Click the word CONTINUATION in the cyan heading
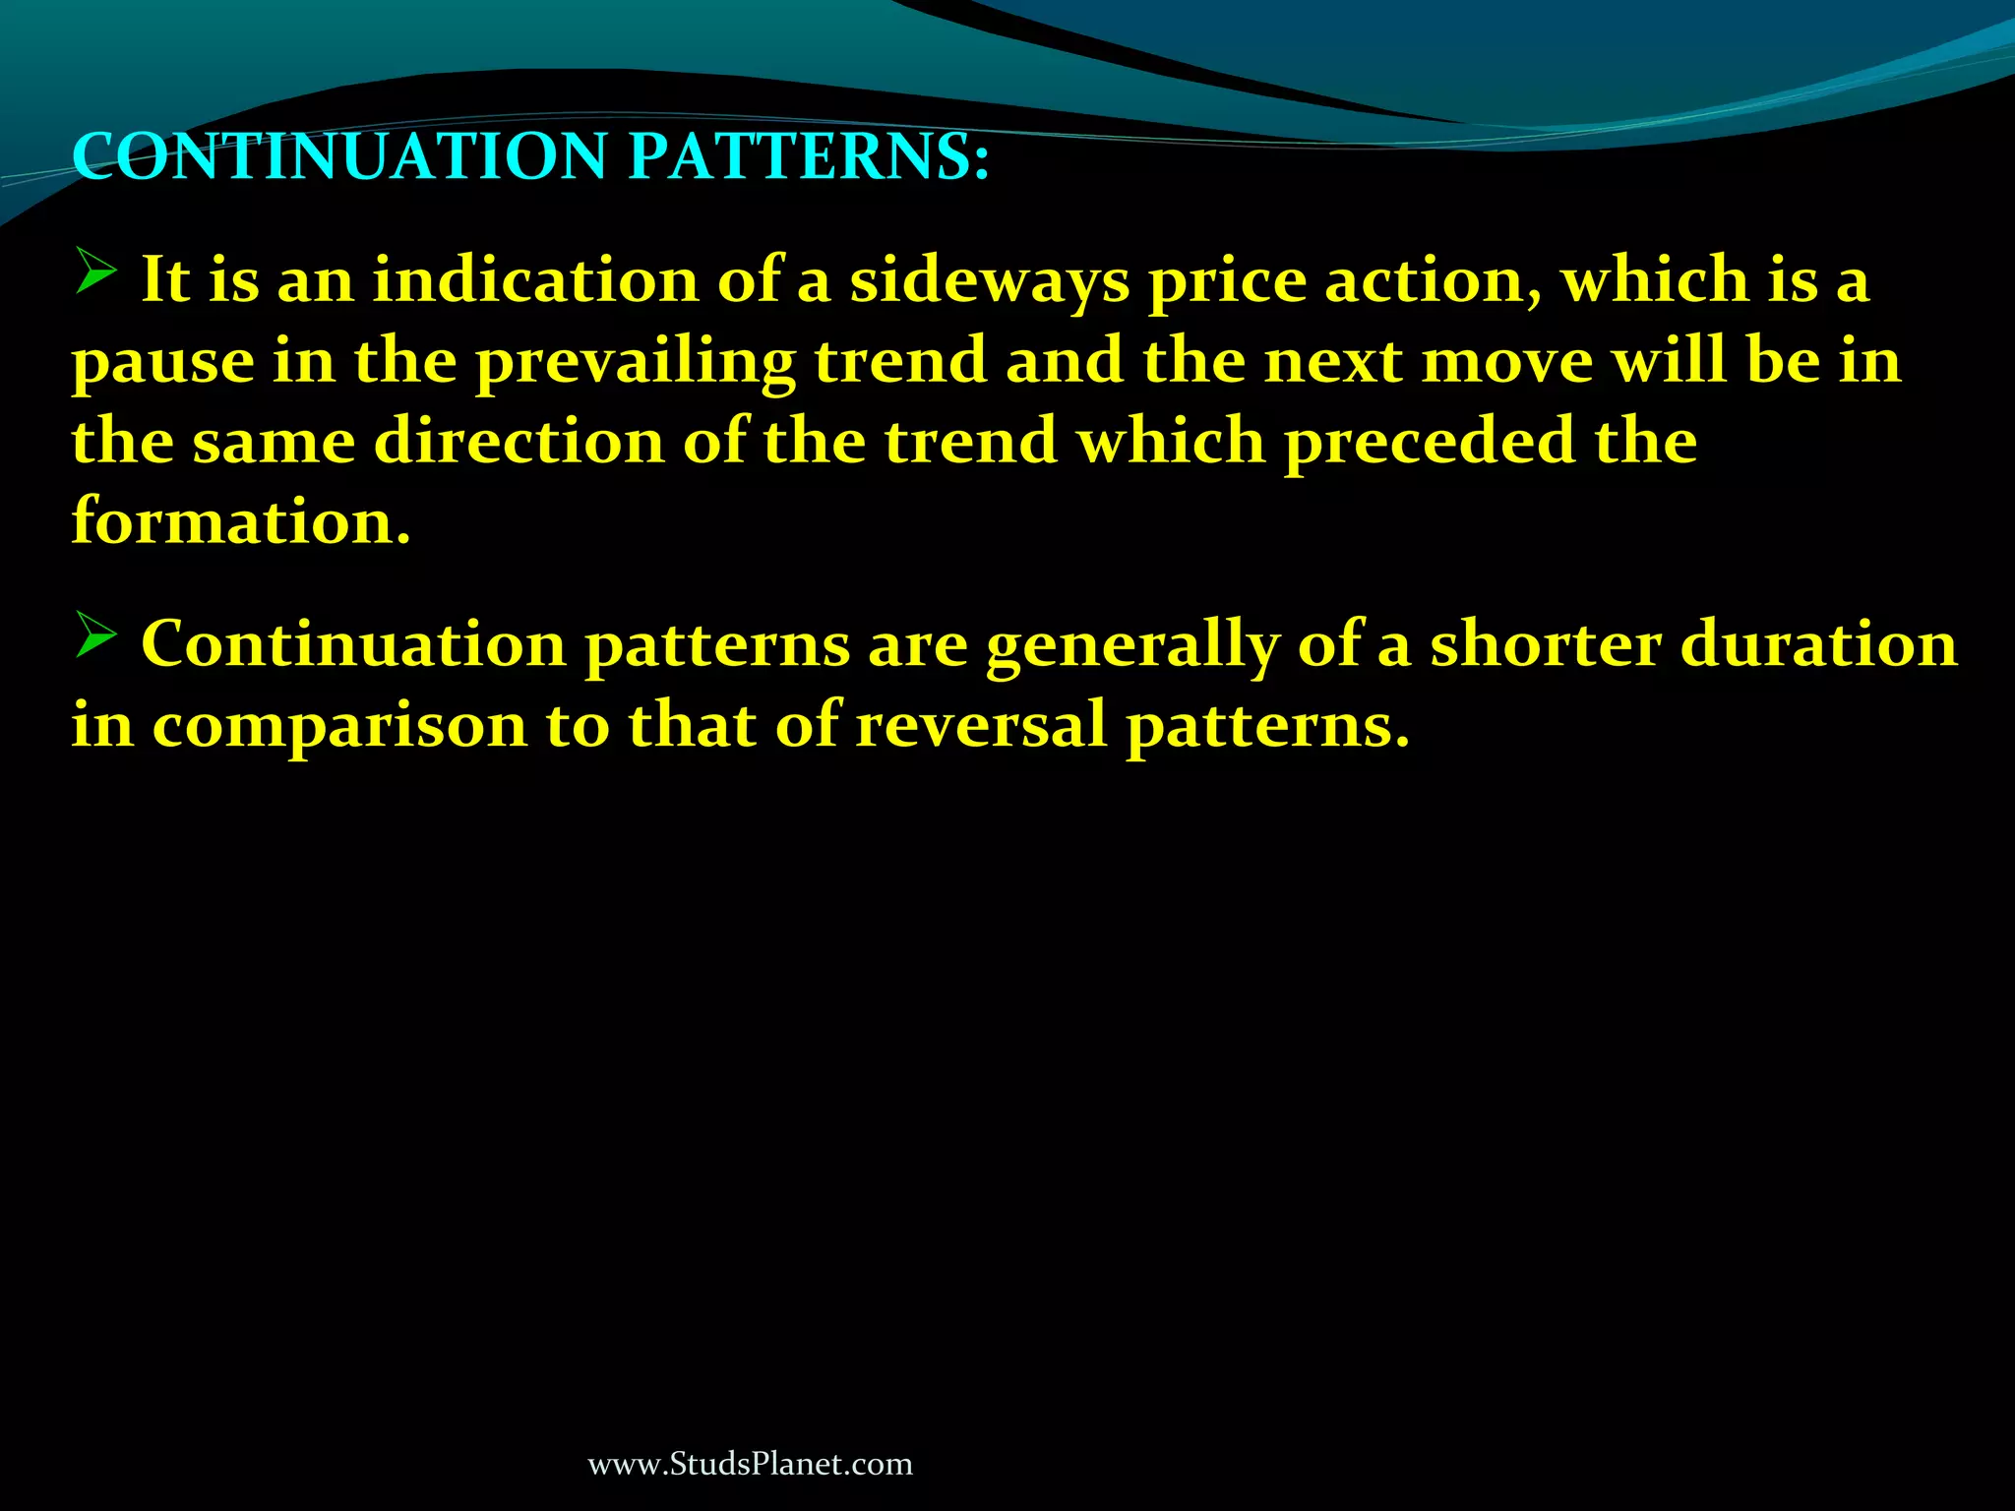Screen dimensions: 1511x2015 [x=339, y=157]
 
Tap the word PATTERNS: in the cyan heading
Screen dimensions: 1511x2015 [x=808, y=157]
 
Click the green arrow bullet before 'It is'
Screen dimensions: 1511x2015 [x=96, y=271]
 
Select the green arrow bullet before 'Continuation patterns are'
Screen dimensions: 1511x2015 [x=96, y=635]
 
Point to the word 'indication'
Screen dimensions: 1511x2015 [x=535, y=280]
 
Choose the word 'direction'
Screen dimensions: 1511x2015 [x=519, y=442]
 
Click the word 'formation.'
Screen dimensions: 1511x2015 [x=241, y=522]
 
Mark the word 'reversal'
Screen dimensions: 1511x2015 [x=981, y=726]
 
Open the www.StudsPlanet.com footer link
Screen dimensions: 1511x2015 [x=750, y=1465]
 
